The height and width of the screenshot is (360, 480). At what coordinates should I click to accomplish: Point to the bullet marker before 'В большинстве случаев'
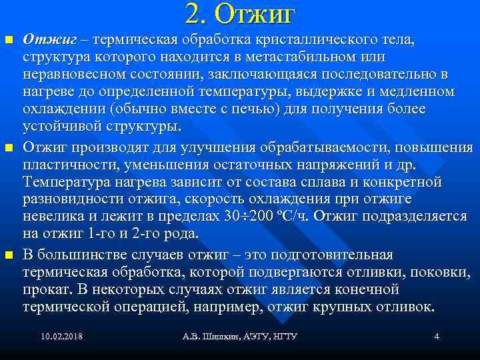(x=9, y=255)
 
